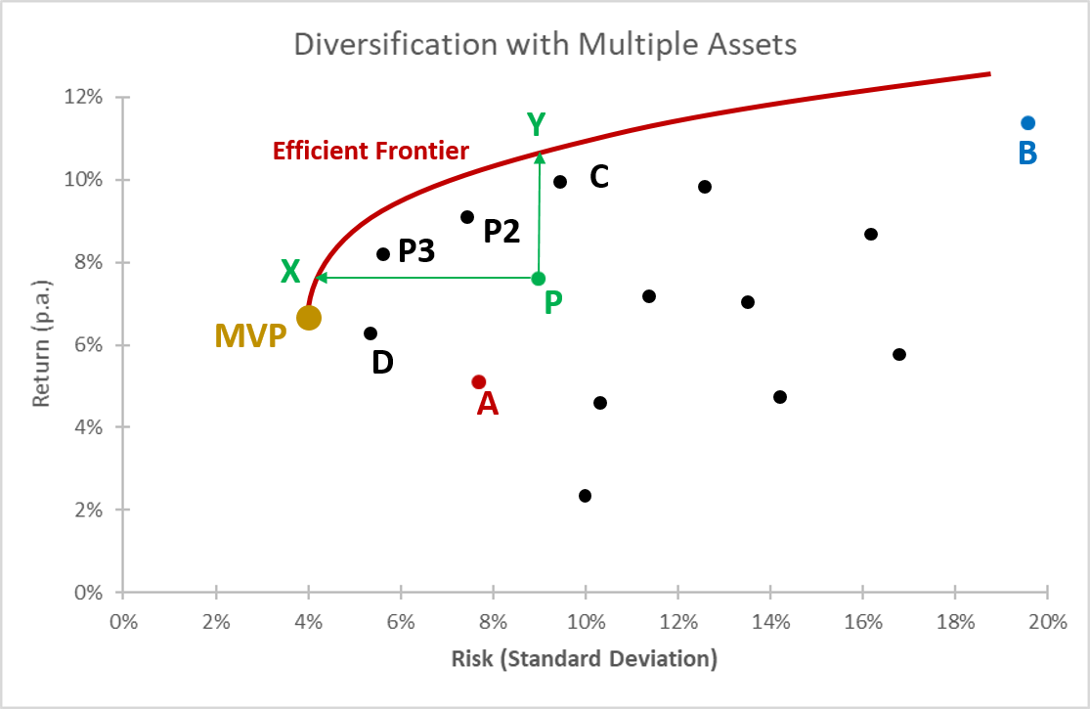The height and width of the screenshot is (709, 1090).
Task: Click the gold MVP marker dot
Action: coord(309,318)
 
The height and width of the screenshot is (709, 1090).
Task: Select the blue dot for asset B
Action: coord(1027,123)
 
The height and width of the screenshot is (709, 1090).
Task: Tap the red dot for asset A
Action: coord(479,382)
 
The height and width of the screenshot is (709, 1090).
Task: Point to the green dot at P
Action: coord(538,279)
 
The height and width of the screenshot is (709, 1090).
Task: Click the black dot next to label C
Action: coord(560,182)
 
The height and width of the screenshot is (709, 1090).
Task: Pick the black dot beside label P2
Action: coord(467,217)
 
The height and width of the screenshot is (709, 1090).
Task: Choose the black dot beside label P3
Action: coord(383,254)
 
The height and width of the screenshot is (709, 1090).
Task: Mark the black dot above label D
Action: coord(371,333)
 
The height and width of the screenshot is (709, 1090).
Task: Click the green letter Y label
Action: coord(536,125)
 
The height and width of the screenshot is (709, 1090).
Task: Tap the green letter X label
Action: coord(290,272)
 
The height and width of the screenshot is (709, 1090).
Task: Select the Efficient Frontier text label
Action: coord(371,152)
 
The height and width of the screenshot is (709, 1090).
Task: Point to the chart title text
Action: coord(545,45)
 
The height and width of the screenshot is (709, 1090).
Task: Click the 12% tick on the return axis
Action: coord(82,98)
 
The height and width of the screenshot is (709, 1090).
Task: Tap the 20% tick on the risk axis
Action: coord(1047,621)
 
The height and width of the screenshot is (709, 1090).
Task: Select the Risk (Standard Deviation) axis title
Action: coord(584,658)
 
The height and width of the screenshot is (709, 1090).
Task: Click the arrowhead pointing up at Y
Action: coord(539,156)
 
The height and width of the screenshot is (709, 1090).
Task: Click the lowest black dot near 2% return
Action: coord(585,496)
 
